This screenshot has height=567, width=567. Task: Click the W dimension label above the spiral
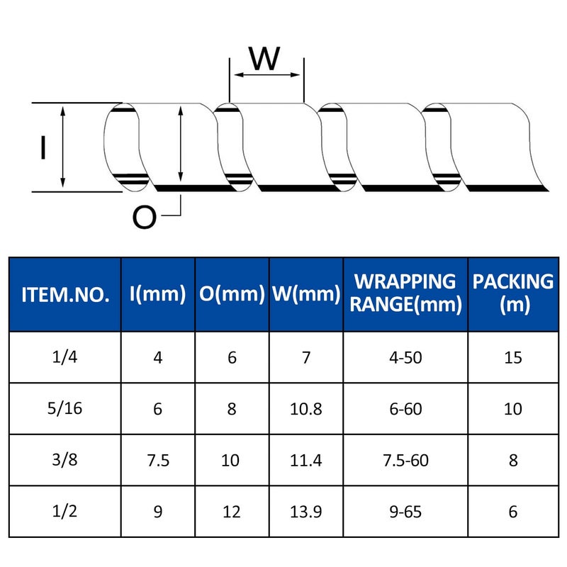[x=264, y=58]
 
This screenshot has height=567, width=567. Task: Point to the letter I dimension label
[x=43, y=147]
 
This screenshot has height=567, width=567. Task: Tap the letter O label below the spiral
[x=145, y=217]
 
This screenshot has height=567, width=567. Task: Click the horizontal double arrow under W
[x=267, y=75]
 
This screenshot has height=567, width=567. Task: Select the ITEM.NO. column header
[x=65, y=295]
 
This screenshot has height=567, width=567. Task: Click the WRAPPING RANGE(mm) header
[x=405, y=293]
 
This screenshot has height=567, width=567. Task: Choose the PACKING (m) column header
[x=512, y=293]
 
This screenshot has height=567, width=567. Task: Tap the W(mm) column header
[x=306, y=293]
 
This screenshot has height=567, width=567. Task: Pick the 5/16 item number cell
[x=64, y=408]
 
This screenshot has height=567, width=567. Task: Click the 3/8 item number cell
[x=64, y=459]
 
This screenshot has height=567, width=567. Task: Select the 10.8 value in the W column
[x=306, y=409]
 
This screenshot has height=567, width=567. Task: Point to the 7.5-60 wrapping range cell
[x=405, y=460]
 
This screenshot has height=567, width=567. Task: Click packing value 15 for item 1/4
[x=513, y=358]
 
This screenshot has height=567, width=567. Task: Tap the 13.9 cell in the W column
[x=306, y=512]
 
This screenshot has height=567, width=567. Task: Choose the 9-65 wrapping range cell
[x=405, y=512]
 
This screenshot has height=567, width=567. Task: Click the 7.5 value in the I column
[x=158, y=460]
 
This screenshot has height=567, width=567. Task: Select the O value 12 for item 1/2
[x=232, y=512]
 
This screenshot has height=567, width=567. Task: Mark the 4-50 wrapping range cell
[x=405, y=358]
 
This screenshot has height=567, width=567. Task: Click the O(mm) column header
[x=232, y=293]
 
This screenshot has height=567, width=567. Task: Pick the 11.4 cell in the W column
[x=306, y=460]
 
